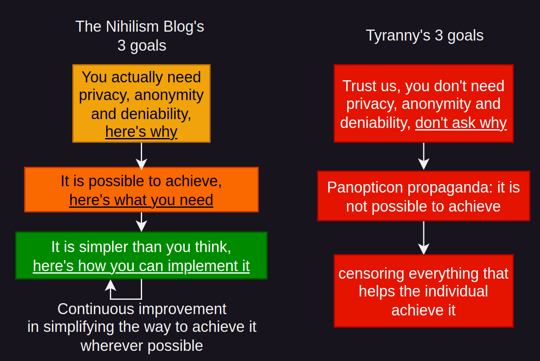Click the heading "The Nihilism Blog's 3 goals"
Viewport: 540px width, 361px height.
(140, 36)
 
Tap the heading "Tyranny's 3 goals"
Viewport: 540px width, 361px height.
(425, 35)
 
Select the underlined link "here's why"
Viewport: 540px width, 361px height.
(142, 132)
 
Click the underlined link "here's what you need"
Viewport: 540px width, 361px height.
(141, 200)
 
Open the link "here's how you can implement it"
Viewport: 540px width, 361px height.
(141, 266)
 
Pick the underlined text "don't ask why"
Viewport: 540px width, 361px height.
(461, 123)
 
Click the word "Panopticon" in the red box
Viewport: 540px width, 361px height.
(365, 187)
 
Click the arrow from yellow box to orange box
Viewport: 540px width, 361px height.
(142, 156)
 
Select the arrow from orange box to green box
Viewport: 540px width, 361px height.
(142, 222)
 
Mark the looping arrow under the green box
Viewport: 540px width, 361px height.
(126, 299)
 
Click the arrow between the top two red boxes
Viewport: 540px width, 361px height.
(424, 156)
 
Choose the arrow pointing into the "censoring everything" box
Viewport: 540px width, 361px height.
(424, 238)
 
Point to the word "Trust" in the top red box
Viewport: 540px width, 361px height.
(359, 86)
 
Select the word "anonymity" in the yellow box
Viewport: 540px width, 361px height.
(169, 95)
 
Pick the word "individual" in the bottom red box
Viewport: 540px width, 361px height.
(456, 291)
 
